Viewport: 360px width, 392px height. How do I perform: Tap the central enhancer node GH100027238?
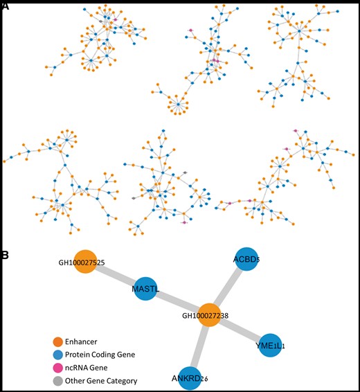click(x=209, y=314)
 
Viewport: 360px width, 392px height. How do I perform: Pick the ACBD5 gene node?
click(x=246, y=260)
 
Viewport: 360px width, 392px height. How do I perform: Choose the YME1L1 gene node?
click(x=271, y=344)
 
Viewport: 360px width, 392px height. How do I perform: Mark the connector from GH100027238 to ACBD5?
click(x=228, y=287)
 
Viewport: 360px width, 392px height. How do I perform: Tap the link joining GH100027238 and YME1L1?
click(x=240, y=329)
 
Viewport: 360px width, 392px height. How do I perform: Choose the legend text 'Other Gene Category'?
click(x=101, y=380)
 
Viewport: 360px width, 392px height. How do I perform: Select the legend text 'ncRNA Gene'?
click(x=87, y=368)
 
